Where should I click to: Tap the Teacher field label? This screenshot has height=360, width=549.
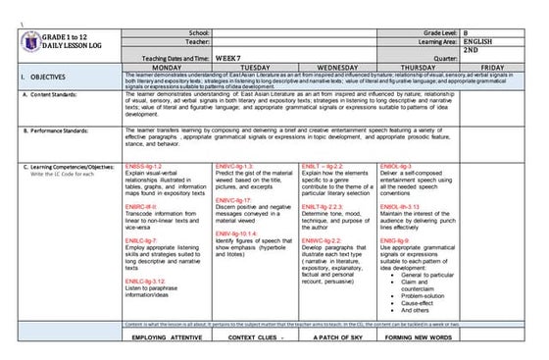(x=196, y=42)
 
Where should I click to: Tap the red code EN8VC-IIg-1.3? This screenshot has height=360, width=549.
(x=233, y=168)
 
